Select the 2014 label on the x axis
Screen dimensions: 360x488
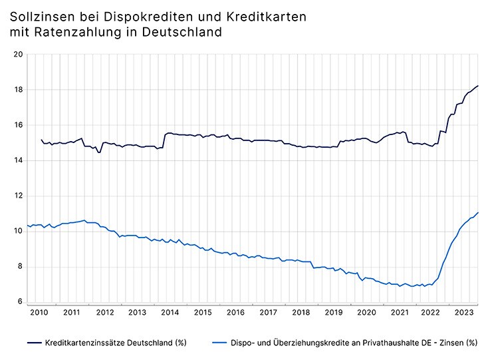pyautogui.click(x=170, y=312)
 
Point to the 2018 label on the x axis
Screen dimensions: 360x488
pyautogui.click(x=301, y=312)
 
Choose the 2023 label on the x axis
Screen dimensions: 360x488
pyautogui.click(x=463, y=312)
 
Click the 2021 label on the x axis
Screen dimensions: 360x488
pyautogui.click(x=398, y=312)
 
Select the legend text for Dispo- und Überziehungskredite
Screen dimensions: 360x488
pyautogui.click(x=354, y=343)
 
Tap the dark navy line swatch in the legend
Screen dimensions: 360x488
pyautogui.click(x=34, y=343)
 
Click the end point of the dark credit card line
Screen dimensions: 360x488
pyautogui.click(x=478, y=85)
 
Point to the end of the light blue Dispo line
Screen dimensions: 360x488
pyautogui.click(x=478, y=213)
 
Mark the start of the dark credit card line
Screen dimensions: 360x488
pyautogui.click(x=41, y=140)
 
